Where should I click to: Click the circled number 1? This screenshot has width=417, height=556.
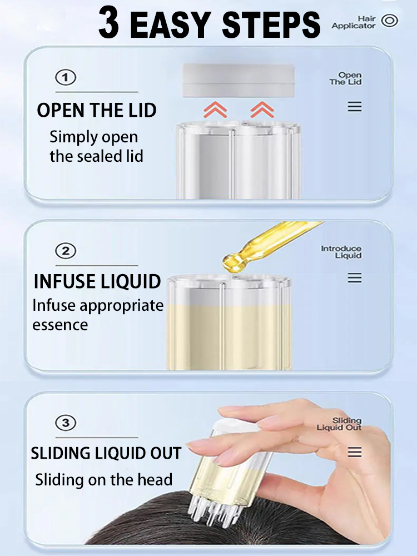66,78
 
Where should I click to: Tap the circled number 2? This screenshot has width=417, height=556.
66,251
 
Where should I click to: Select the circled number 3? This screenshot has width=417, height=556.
66,423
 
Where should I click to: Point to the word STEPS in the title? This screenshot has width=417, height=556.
271,24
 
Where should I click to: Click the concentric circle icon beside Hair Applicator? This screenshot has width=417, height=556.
389,21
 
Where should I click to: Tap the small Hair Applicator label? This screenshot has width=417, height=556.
354,22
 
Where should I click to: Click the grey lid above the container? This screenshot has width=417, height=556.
239,81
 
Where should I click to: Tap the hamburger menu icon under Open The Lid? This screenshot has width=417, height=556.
355,106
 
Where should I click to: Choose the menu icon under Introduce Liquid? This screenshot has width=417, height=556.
355,278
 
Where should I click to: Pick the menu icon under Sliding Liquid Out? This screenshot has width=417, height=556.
355,451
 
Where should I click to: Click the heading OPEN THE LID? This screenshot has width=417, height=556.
96,110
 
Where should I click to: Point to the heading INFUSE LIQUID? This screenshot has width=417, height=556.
97,281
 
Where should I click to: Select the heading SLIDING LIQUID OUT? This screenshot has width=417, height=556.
106,453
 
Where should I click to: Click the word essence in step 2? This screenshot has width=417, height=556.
60,325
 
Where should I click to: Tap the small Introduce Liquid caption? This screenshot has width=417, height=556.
341,252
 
